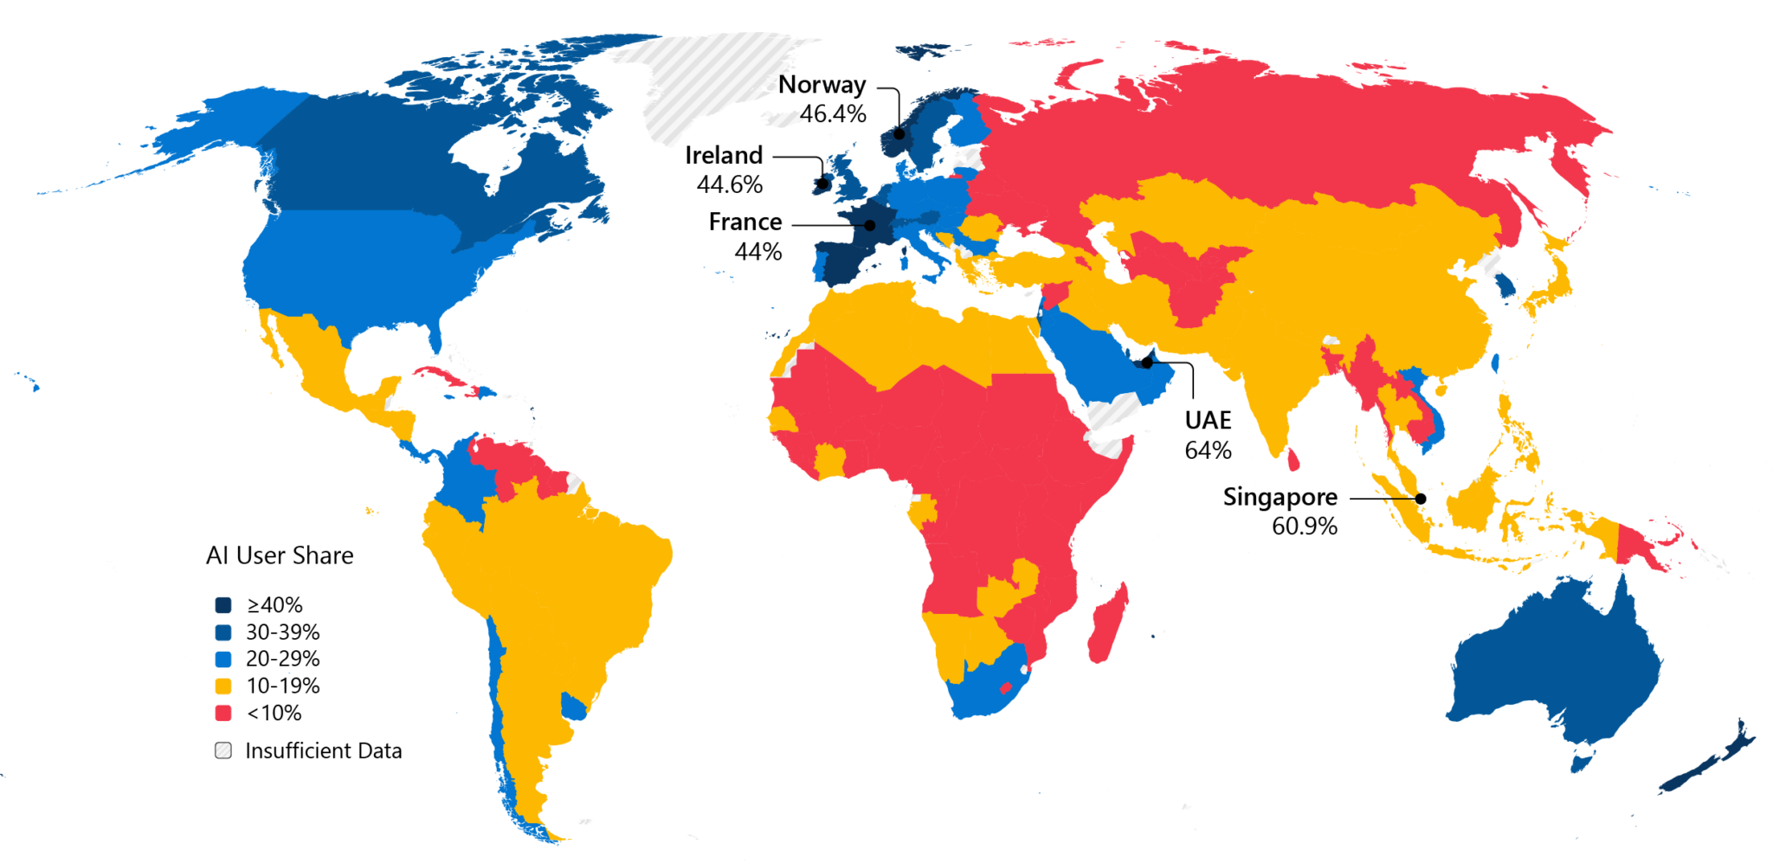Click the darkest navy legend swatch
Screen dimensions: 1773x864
tap(223, 605)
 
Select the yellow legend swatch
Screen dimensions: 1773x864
tap(223, 687)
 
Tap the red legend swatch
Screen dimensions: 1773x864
tap(223, 713)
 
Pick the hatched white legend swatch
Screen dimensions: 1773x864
tap(223, 751)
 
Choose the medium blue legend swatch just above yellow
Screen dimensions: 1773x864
tap(223, 660)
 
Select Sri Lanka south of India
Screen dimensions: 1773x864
tap(1293, 460)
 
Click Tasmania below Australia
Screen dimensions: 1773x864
tap(1583, 761)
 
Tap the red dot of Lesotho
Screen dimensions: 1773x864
tap(1006, 688)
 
